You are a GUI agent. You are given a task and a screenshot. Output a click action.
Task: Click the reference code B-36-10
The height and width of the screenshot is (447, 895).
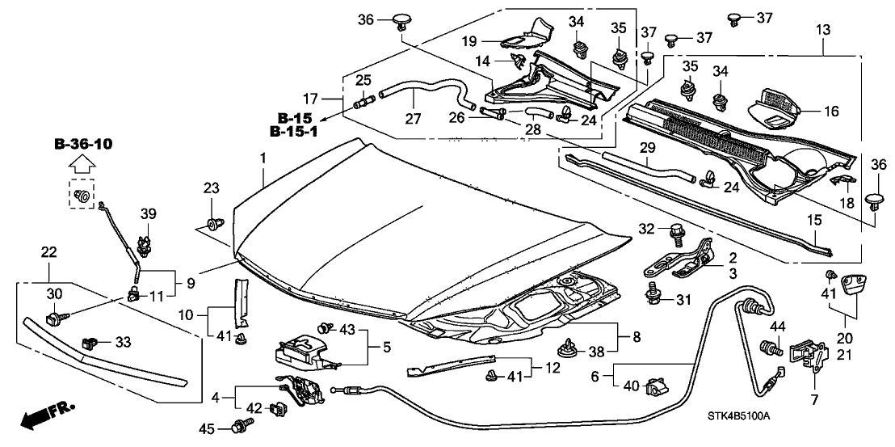coord(85,145)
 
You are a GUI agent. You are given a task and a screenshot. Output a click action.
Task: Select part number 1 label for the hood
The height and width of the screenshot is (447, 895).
coord(263,154)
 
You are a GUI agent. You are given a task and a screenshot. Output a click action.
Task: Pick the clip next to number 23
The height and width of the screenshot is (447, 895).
coord(214,224)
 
